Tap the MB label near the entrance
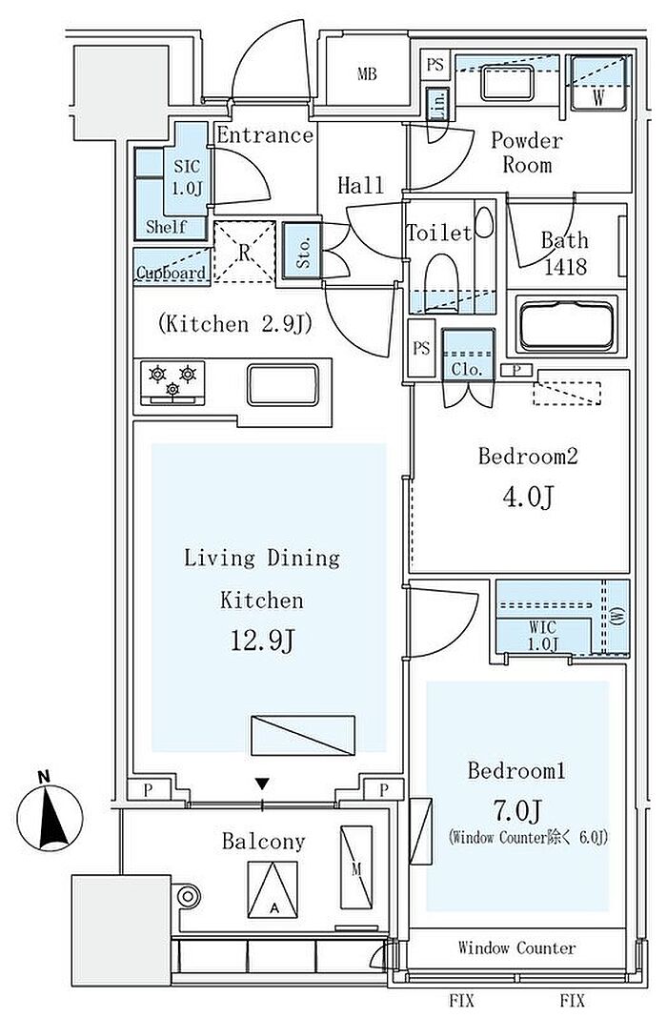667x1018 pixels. coord(366,74)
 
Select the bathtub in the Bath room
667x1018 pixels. coord(568,324)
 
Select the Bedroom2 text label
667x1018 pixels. coord(527,457)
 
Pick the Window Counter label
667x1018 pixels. coord(516,947)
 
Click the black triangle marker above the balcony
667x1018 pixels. coord(263,784)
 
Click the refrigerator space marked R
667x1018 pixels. coord(244,253)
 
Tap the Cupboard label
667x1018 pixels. coord(171,274)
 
